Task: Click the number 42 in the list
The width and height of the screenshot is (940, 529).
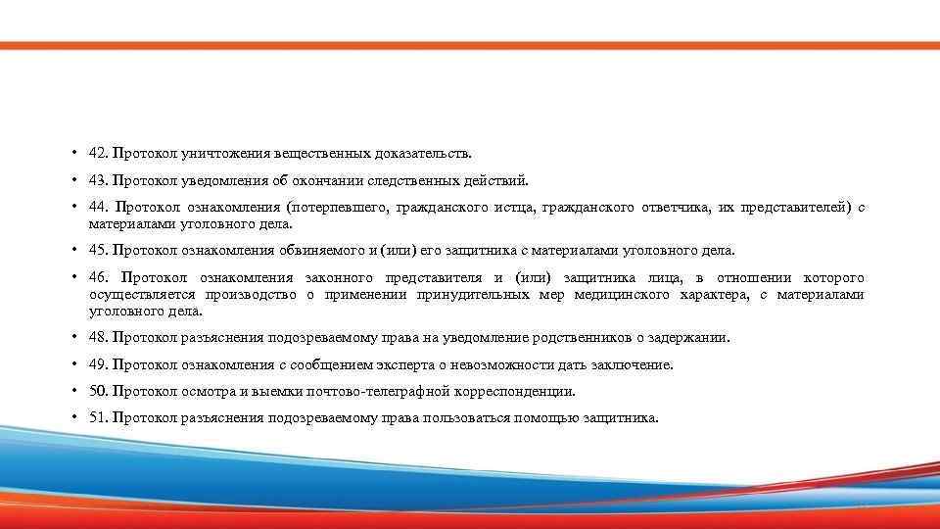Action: [x=97, y=153]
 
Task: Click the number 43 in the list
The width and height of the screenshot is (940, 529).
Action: [x=97, y=180]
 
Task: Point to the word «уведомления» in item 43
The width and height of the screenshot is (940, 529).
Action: [x=213, y=180]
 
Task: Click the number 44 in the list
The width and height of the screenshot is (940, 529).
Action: [x=97, y=208]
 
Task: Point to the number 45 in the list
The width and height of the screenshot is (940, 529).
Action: [x=97, y=250]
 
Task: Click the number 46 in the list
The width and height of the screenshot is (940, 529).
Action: [x=97, y=278]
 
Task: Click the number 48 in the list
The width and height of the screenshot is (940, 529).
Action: [x=97, y=337]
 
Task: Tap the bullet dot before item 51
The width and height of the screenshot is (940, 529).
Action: [x=74, y=418]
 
